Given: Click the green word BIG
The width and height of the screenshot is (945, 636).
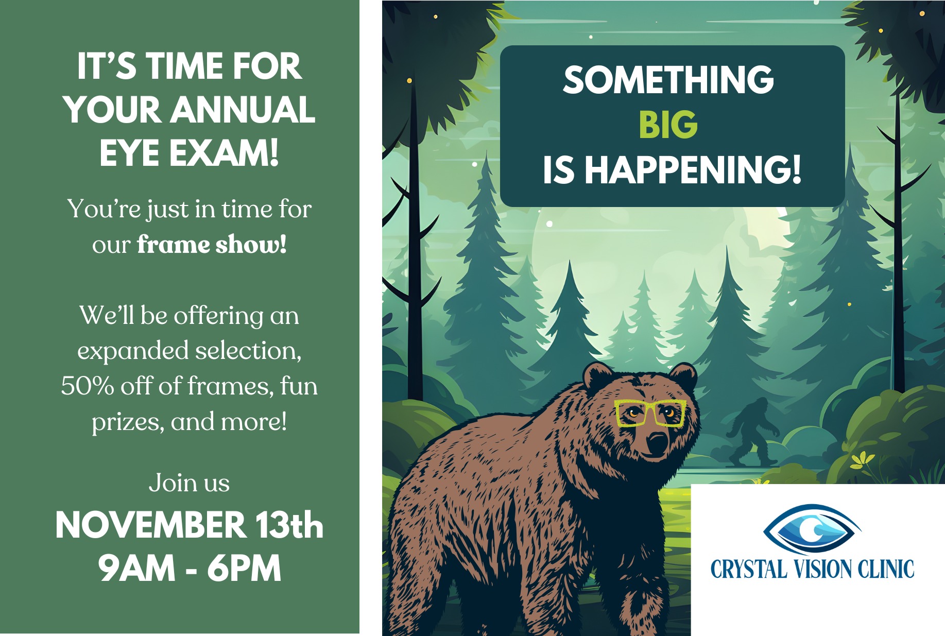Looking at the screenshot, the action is pyautogui.click(x=668, y=125).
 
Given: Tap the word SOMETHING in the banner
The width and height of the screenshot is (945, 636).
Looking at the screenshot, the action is pyautogui.click(x=668, y=80).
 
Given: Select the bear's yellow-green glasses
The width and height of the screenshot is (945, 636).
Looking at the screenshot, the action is pyautogui.click(x=650, y=413).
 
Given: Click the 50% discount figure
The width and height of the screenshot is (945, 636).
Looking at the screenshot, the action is pyautogui.click(x=88, y=386).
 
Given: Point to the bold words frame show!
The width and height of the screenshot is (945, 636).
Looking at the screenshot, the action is pyautogui.click(x=212, y=244).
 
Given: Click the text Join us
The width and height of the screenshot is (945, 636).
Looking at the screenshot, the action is pyautogui.click(x=189, y=483).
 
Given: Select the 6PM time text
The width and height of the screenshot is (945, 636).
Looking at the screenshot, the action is pyautogui.click(x=244, y=569).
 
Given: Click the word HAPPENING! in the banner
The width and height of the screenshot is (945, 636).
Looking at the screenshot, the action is pyautogui.click(x=693, y=170).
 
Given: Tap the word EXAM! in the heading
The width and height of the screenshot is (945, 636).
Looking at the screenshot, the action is pyautogui.click(x=225, y=153).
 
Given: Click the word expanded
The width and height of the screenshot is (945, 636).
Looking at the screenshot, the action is pyautogui.click(x=133, y=351).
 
